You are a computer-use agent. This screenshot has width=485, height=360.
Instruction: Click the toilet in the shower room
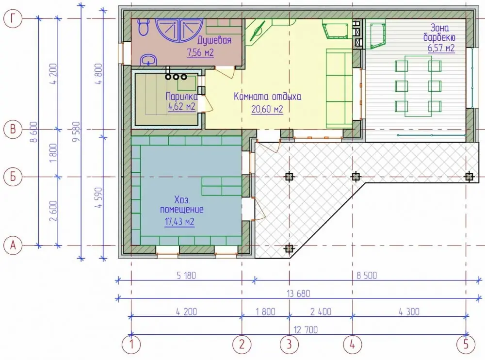pos(144,26)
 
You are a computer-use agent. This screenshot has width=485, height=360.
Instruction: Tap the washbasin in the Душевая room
pos(149,60)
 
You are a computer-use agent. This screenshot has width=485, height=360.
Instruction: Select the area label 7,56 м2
pos(200,52)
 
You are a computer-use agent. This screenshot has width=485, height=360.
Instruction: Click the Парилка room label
pos(181,96)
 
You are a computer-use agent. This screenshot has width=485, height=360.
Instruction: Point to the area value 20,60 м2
pos(267,109)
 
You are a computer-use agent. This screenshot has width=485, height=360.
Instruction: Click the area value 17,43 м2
pos(179,222)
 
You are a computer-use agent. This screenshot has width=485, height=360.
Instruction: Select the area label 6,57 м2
pos(441,48)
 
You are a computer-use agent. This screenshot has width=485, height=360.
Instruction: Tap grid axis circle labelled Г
pos(13,19)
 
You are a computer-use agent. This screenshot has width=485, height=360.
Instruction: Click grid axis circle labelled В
pos(13,129)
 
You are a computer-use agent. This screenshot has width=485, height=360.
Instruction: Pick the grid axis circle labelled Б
pos(13,177)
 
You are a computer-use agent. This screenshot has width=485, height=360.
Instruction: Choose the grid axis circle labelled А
pos(13,245)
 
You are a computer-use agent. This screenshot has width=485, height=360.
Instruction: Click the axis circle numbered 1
pos(131,344)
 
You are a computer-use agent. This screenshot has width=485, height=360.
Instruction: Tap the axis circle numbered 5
pos(466,344)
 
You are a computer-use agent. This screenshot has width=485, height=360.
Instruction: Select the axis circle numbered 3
pos(289,344)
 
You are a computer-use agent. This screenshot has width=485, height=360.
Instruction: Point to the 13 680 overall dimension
pos(298,293)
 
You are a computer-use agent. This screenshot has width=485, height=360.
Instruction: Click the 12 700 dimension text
pos(306,329)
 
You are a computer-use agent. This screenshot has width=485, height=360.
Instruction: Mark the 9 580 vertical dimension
pos(76,131)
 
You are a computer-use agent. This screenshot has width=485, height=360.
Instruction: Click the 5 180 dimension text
pos(186,275)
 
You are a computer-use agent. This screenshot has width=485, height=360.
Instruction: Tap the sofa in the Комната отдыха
pos(339,88)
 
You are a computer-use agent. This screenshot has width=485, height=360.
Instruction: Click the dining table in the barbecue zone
pos(418,86)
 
